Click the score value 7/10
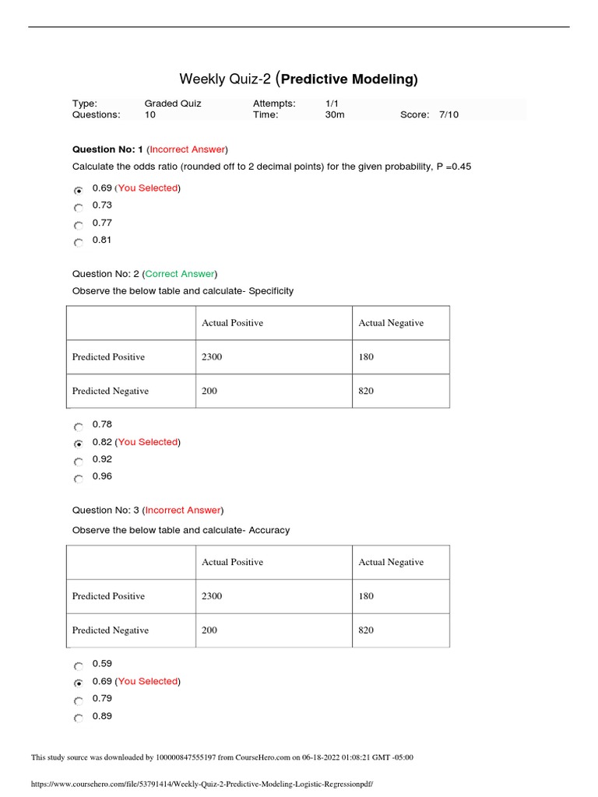coord(448,114)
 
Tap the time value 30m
coord(334,114)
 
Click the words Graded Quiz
coord(172,103)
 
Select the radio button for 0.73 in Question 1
coord(79,208)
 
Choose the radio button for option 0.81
coord(79,243)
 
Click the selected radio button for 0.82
coord(79,444)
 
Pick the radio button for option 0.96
coord(79,479)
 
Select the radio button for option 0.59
coord(79,666)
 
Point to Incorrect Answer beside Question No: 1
coord(187,149)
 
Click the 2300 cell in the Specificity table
coord(212,357)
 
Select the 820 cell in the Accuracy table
coord(366,630)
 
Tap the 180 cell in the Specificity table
coord(366,357)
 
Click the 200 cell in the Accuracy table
coord(209,630)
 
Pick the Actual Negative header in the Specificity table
coord(391,323)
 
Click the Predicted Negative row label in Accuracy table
coord(111,630)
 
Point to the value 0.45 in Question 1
coord(460,167)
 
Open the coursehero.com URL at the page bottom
coord(207,785)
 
